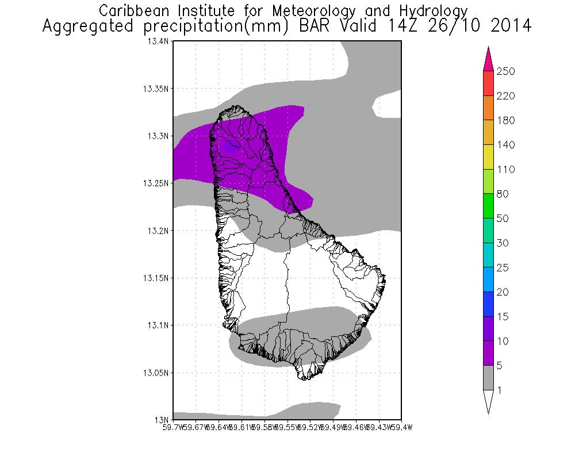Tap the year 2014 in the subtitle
[x=507, y=26]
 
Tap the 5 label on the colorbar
[x=501, y=366]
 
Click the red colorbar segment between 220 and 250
[x=488, y=83]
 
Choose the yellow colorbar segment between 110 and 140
[x=488, y=156]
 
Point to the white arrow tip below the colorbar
[x=488, y=401]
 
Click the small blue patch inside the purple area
[x=231, y=148]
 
